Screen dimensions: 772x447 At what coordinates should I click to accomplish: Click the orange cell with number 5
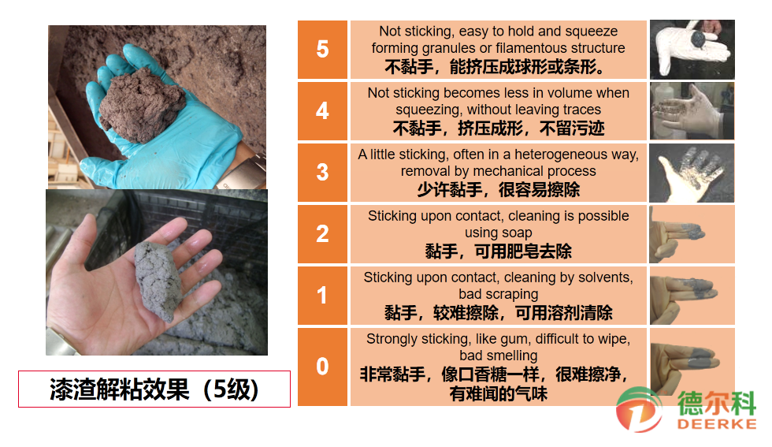click(322, 50)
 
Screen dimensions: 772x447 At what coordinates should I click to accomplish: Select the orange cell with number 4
click(322, 111)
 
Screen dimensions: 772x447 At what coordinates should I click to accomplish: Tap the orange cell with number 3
click(322, 173)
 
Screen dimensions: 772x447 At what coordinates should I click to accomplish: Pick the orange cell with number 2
click(322, 234)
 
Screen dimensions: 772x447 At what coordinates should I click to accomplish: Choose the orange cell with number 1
click(322, 296)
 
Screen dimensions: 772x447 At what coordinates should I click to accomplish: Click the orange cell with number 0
click(322, 367)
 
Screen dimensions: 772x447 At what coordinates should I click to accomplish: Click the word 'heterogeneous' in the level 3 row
click(560, 155)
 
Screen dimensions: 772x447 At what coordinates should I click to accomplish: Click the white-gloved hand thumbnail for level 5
click(692, 50)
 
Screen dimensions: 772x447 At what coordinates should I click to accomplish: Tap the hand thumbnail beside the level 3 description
click(692, 173)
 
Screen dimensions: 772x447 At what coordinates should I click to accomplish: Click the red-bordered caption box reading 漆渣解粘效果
click(154, 389)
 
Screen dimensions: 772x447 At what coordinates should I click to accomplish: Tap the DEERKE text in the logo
click(716, 424)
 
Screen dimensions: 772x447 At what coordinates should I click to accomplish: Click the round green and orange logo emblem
click(639, 410)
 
